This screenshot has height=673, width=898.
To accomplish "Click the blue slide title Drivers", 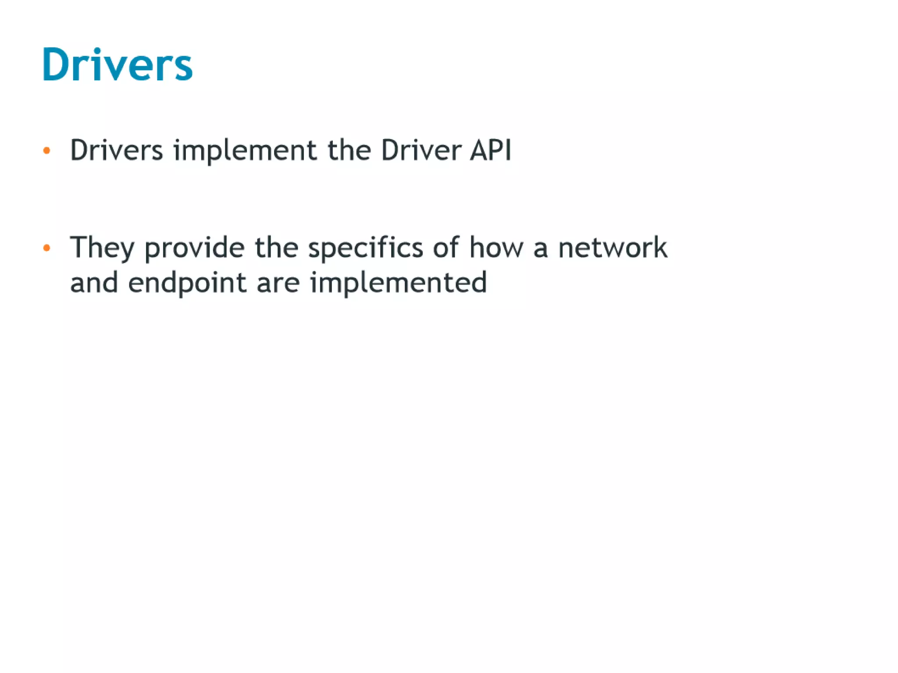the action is [117, 64].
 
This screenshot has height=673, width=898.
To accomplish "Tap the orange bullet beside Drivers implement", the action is [47, 151].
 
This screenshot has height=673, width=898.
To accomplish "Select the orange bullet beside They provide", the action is [47, 248].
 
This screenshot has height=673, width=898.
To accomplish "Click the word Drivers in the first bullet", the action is [117, 150].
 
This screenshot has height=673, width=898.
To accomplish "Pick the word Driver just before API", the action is [421, 150].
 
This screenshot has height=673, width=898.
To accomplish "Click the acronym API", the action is [491, 150].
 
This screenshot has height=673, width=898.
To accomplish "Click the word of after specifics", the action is [446, 247].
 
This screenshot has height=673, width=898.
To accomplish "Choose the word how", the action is [496, 247].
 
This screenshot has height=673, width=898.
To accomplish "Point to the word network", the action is [613, 247].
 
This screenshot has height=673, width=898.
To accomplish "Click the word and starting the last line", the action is [94, 282].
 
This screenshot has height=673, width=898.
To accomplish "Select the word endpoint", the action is [187, 283].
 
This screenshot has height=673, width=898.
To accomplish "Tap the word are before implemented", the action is [278, 283].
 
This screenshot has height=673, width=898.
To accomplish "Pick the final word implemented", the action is [398, 283].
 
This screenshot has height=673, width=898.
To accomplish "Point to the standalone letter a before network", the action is [541, 248].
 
